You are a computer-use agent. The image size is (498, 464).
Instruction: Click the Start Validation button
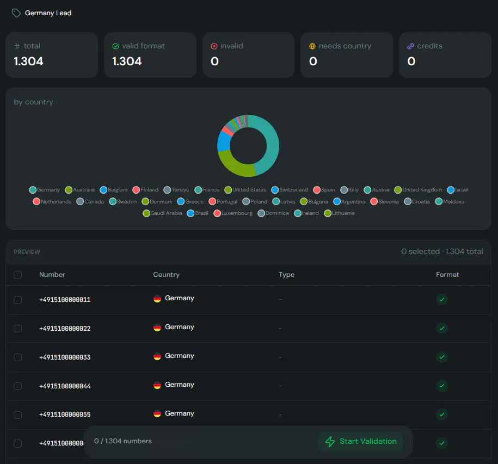361,441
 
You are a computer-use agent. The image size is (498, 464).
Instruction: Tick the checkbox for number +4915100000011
18,300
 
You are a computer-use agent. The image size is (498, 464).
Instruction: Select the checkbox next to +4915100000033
18,357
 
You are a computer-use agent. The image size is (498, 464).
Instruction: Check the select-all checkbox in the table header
18,275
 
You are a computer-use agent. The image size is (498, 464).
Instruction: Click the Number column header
52,275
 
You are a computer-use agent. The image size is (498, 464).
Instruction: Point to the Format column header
447,275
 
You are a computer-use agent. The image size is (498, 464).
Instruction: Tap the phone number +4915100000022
65,329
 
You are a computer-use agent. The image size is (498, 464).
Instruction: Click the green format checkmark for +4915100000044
442,386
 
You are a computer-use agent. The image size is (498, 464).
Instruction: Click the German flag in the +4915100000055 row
157,413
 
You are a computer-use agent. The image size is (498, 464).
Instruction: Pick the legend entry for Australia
79,190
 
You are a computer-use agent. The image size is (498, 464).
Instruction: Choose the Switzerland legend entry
290,190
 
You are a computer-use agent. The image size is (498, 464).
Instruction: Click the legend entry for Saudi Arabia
162,213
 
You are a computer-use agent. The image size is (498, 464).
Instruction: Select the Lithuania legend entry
339,213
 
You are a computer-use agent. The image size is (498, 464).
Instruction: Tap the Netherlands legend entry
52,201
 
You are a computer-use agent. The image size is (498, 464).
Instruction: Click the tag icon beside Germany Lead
16,13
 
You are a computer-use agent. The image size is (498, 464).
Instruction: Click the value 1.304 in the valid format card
127,61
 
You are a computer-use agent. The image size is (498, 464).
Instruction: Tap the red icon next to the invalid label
214,46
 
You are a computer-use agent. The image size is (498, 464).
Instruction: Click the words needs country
345,46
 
